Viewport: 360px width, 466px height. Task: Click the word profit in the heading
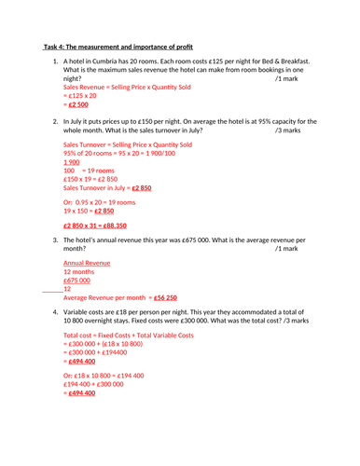(178, 44)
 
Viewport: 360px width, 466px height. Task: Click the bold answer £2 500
(81, 104)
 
